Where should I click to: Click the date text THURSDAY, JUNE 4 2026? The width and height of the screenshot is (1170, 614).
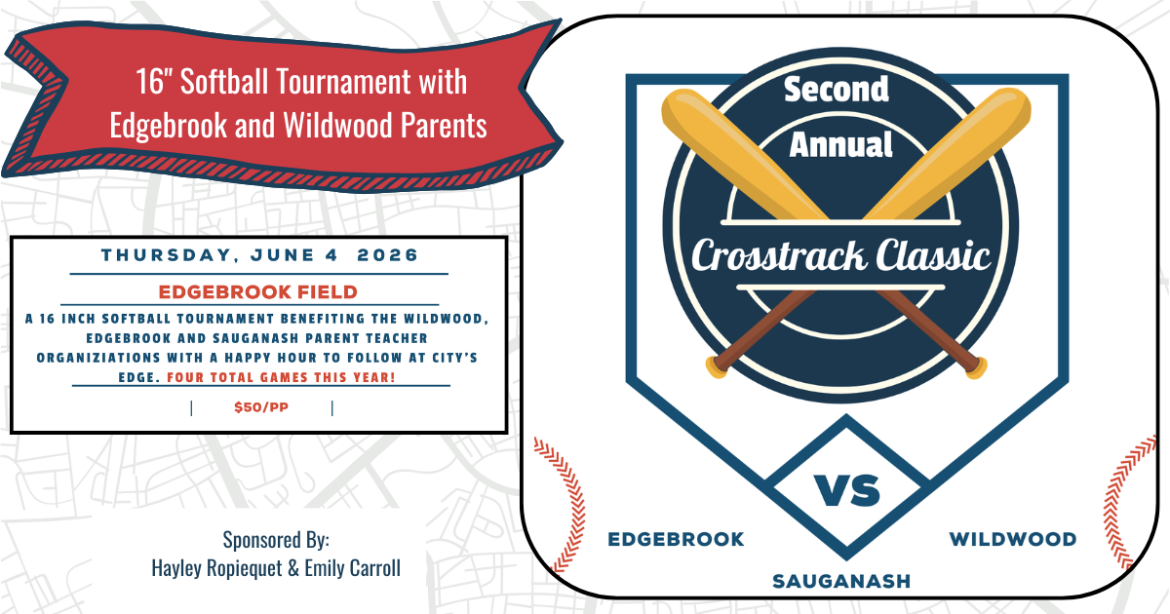point(259,255)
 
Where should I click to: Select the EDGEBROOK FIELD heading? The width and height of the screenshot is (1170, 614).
point(259,291)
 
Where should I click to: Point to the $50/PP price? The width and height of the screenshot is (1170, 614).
point(260,408)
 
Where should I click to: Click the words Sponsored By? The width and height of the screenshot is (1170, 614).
point(276,539)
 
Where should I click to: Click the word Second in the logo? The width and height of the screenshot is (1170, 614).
point(837,90)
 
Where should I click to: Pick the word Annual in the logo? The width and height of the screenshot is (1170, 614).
point(840,145)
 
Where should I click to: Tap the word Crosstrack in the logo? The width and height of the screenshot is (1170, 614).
point(775,254)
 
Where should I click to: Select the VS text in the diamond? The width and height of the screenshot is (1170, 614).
point(845,489)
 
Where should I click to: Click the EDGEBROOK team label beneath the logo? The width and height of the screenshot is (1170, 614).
point(676,539)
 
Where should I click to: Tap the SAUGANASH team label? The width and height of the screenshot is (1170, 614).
point(840,582)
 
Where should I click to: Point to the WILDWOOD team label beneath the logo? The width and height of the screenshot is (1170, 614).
point(1012,539)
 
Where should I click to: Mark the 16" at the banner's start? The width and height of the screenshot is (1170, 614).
point(153,83)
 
